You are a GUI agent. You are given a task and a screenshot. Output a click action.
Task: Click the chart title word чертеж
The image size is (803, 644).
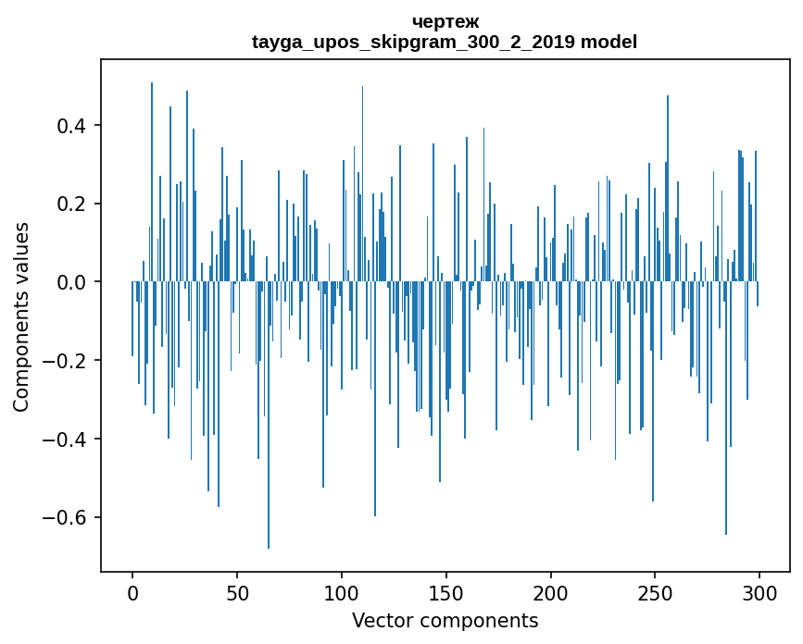445,21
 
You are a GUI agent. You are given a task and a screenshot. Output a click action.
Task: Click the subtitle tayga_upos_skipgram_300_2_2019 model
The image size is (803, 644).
445,42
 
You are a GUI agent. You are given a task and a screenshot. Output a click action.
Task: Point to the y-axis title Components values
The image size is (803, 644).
20,316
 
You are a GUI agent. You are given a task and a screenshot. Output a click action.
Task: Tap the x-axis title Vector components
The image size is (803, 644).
445,621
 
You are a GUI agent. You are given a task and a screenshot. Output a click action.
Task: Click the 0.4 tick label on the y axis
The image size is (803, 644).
71,126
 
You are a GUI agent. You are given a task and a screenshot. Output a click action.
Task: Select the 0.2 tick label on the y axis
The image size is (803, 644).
71,204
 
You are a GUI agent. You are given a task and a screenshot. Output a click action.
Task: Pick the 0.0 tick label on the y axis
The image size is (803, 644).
71,282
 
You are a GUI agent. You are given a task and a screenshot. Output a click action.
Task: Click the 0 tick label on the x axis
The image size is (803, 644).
132,592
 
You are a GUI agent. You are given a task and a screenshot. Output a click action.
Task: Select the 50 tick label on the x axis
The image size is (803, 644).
237,592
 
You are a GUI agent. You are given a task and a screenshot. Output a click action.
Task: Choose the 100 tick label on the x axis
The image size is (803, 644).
342,592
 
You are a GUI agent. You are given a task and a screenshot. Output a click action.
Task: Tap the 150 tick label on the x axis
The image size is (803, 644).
446,592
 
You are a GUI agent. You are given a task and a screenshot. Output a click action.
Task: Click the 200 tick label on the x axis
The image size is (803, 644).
551,592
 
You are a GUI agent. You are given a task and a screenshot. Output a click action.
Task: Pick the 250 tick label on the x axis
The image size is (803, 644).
655,592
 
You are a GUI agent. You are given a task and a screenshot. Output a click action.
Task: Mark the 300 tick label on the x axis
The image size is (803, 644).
759,592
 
